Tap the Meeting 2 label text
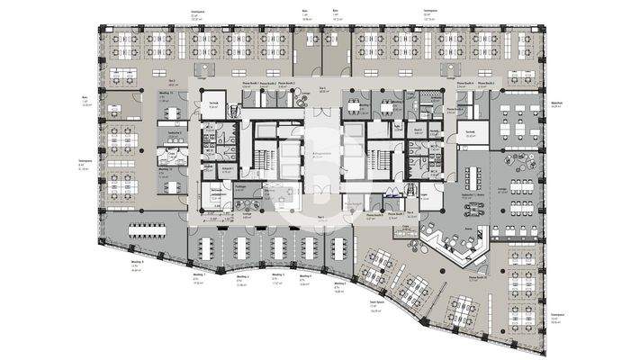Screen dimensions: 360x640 pyautogui.click(x=240, y=277)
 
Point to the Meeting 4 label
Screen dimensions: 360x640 pyautogui.click(x=305, y=276)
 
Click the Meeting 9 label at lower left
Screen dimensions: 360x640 pyautogui.click(x=137, y=259)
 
